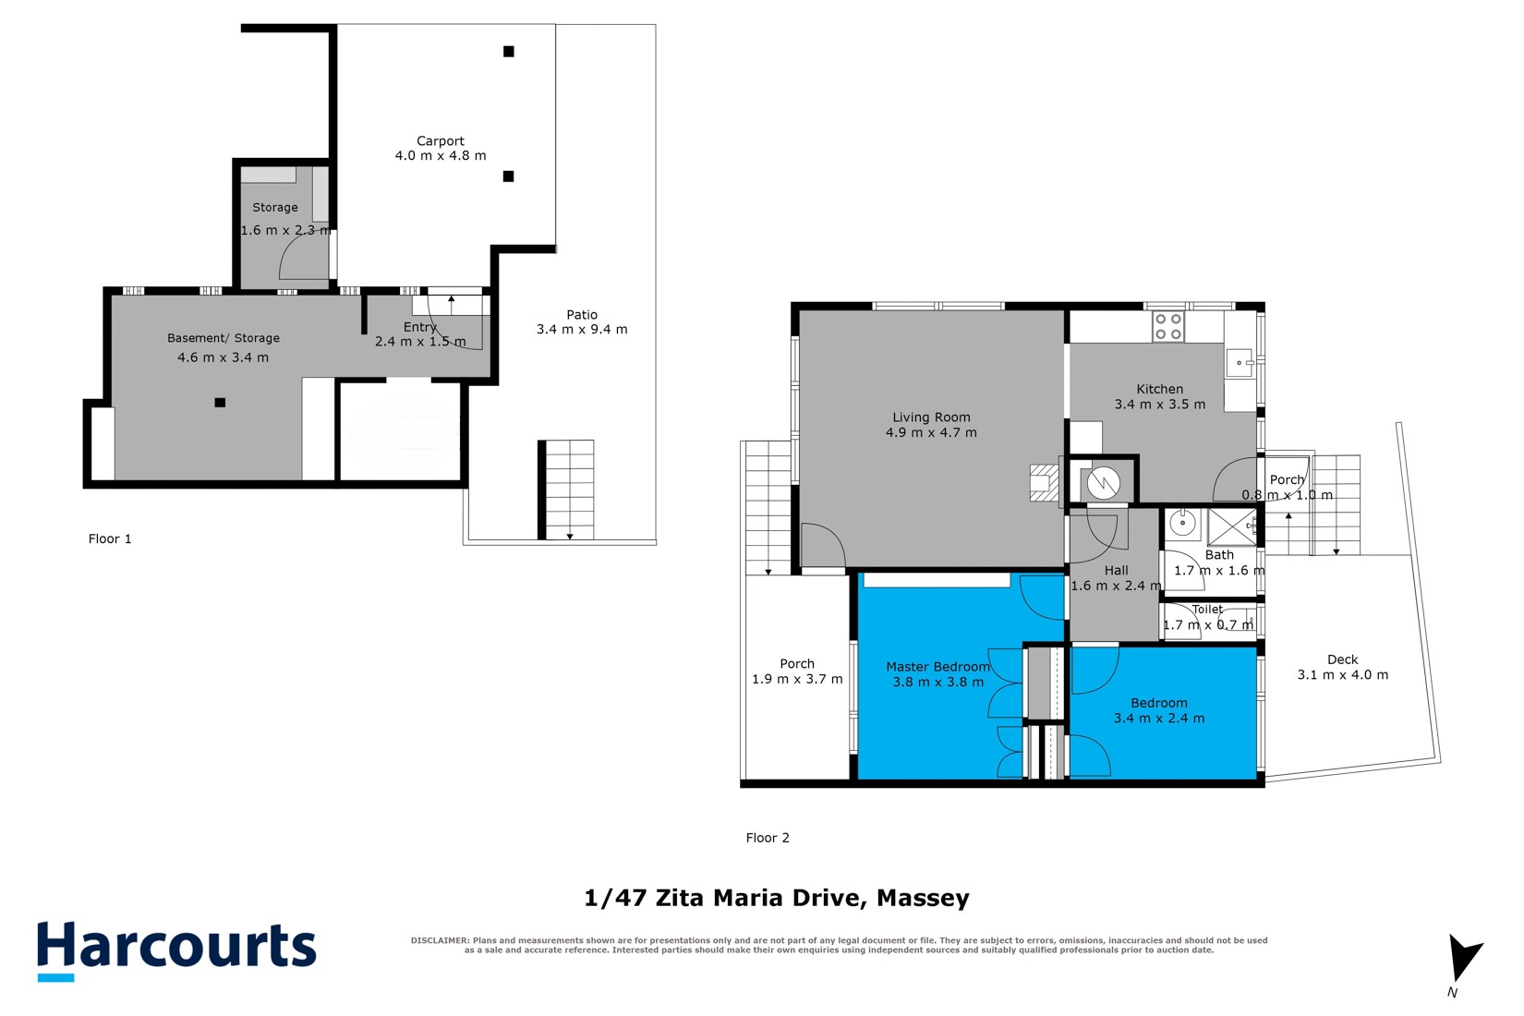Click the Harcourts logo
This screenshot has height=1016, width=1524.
pyautogui.click(x=177, y=950)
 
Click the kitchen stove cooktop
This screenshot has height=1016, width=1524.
pyautogui.click(x=1168, y=327)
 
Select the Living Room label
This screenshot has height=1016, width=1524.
pyautogui.click(x=931, y=417)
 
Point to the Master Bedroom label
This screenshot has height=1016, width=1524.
pyautogui.click(x=937, y=667)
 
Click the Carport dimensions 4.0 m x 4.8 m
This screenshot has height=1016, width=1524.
pyautogui.click(x=441, y=156)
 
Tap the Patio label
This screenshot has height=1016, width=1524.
pyautogui.click(x=582, y=314)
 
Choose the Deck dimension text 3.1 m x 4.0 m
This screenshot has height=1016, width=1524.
pyautogui.click(x=1342, y=675)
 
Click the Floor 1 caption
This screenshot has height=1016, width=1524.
pyautogui.click(x=110, y=539)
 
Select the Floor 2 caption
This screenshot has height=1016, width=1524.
pyautogui.click(x=768, y=838)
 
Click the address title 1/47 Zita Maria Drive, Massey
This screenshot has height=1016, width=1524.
pyautogui.click(x=776, y=899)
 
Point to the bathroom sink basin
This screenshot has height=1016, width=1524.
pyautogui.click(x=1183, y=524)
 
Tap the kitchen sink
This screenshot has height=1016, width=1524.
pyautogui.click(x=1239, y=363)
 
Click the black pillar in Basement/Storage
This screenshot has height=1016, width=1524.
pyautogui.click(x=220, y=403)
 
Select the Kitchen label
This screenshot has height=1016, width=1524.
pyautogui.click(x=1159, y=389)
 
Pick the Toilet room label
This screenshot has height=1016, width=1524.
pyautogui.click(x=1207, y=610)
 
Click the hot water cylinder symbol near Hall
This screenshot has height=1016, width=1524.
pyautogui.click(x=1103, y=483)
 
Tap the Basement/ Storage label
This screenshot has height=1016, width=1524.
pyautogui.click(x=224, y=338)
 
